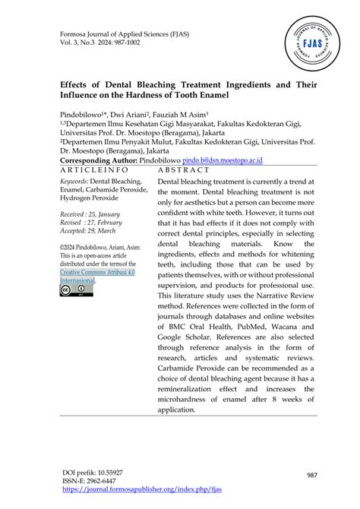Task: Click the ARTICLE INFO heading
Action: click(94, 171)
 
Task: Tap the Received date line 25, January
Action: click(90, 215)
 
